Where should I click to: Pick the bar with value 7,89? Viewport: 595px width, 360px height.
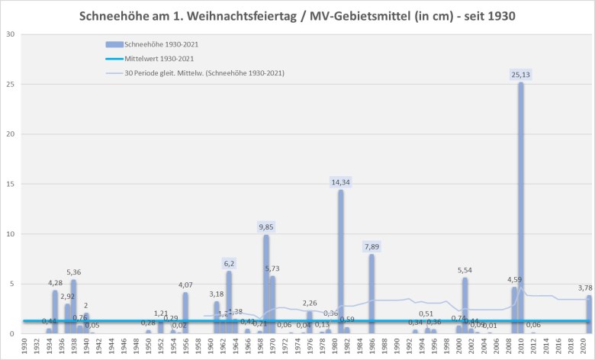(x=371, y=293)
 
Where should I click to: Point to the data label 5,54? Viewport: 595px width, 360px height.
(x=465, y=271)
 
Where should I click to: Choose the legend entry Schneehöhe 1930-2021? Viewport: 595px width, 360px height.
(x=162, y=45)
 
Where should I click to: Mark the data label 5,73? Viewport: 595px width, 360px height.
(x=273, y=268)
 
